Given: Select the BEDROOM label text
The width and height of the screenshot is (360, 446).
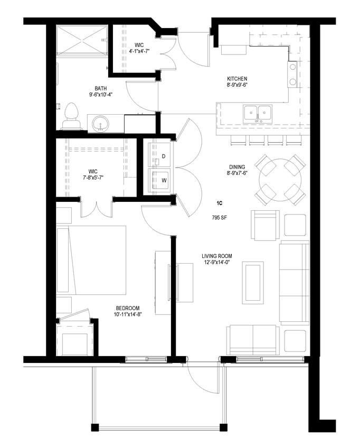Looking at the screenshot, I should tap(128, 308).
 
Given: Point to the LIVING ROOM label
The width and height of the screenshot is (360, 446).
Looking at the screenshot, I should tap(217, 256).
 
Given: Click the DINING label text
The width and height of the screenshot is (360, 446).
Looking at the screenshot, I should tap(222, 167).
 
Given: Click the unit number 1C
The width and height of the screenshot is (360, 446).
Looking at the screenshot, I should tap(219, 203).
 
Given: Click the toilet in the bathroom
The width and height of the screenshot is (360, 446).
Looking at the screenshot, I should tap(71, 117).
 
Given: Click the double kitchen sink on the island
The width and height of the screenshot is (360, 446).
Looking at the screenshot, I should tap(257, 113).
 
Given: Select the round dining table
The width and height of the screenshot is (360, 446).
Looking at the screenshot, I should tap(280, 180).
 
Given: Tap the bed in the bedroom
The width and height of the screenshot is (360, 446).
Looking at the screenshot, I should tap(92, 260).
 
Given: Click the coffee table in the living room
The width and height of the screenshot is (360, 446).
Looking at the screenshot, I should tap(253, 282).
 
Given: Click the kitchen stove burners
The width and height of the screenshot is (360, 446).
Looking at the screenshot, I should tap(291, 75).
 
